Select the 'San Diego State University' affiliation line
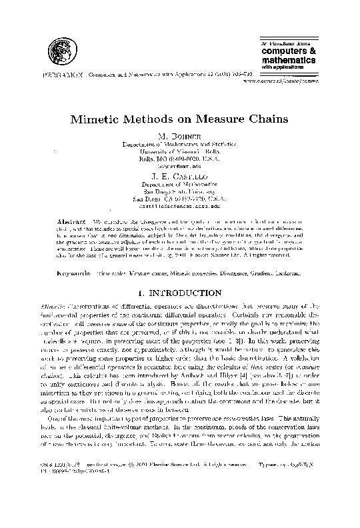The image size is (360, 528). [179, 185]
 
